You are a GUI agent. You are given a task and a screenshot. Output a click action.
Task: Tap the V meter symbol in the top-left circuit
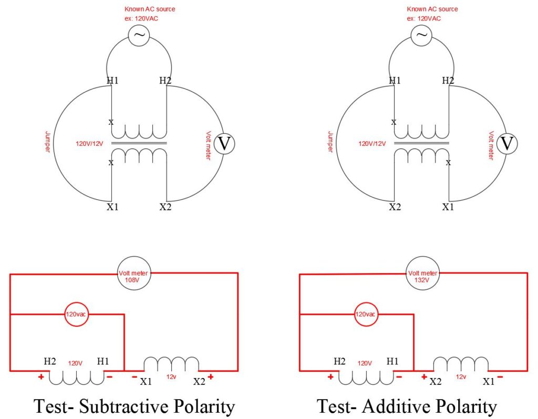coord(224,143)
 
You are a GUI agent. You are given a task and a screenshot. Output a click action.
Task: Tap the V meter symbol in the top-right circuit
coord(506,143)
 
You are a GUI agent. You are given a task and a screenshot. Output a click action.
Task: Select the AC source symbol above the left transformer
coord(139,35)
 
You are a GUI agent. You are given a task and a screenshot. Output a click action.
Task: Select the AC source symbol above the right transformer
coord(422,35)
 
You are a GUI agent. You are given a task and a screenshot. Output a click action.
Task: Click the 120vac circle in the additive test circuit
coord(365,315)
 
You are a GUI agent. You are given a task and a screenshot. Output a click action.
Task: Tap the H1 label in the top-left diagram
coord(112,81)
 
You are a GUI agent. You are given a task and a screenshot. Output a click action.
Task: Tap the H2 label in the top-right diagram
coord(448,81)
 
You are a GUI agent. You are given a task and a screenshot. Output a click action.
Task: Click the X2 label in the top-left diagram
coord(165,207)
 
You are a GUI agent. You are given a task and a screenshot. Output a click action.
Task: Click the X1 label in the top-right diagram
coord(448,207)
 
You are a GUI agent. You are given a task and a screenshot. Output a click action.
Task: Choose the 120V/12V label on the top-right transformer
coord(373,143)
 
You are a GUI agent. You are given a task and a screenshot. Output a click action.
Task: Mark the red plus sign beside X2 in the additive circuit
coord(423,377)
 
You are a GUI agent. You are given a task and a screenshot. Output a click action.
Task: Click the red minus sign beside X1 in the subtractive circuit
coord(134,377)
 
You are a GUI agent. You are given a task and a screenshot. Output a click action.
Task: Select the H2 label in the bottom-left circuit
coord(50,362)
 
